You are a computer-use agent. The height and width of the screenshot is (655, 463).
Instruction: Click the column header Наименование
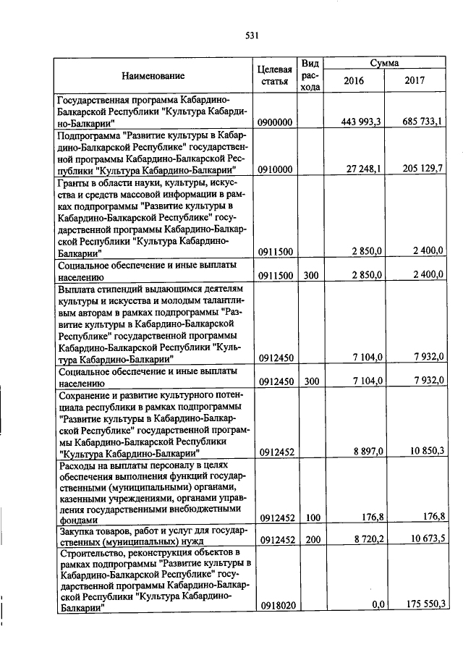[153, 75]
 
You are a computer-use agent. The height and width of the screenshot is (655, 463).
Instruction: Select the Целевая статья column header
[274, 75]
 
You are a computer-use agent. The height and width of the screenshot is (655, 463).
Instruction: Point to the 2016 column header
[354, 81]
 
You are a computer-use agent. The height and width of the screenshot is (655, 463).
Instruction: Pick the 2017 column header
[416, 81]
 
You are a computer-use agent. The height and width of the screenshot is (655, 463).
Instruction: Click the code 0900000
[274, 123]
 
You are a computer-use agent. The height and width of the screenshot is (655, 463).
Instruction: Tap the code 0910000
[274, 170]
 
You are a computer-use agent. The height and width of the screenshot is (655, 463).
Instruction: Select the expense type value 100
[310, 520]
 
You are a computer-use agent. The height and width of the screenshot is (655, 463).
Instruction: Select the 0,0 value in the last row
[375, 605]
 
